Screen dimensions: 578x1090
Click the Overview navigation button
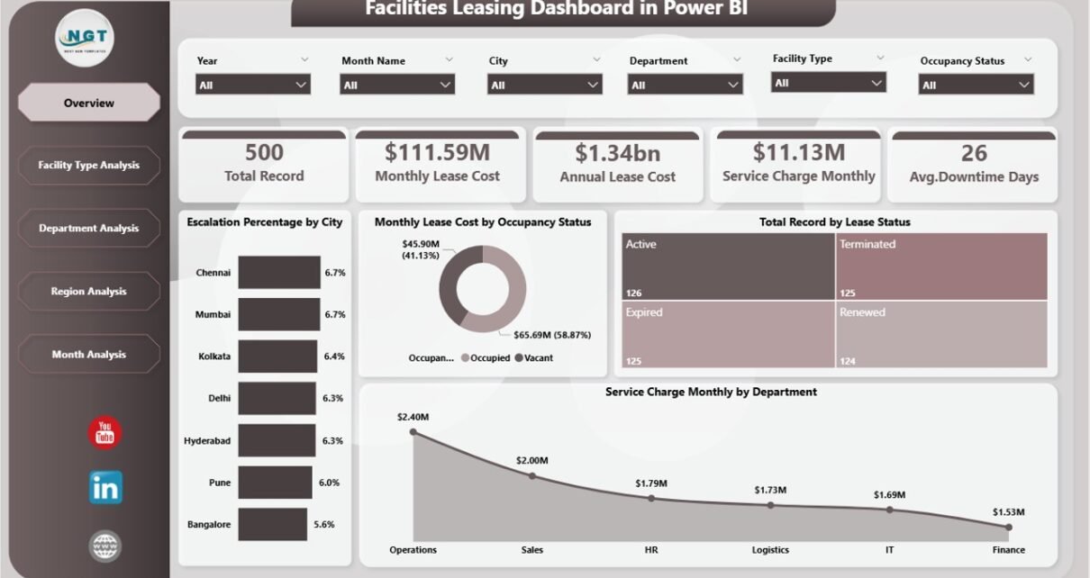[x=88, y=103]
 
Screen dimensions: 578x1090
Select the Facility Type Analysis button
[x=88, y=166]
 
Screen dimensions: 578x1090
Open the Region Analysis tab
[x=88, y=292]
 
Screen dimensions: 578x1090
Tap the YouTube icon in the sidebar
[x=105, y=433]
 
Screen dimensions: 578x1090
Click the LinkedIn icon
[x=105, y=487]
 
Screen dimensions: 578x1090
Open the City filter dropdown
[x=544, y=85]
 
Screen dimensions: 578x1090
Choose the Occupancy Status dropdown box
[x=976, y=85]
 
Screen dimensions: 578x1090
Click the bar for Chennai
[x=278, y=273]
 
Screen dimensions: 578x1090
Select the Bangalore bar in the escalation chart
[x=272, y=524]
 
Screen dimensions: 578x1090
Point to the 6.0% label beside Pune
[x=329, y=483]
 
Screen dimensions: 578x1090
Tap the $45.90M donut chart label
[x=420, y=249]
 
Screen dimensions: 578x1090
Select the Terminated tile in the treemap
[x=940, y=266]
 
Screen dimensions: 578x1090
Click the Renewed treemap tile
[x=940, y=335]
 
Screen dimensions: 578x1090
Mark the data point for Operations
[x=413, y=431]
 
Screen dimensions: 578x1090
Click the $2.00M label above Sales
[x=531, y=460]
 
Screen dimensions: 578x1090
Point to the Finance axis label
[x=1008, y=550]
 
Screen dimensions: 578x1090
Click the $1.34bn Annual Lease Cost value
[x=617, y=153]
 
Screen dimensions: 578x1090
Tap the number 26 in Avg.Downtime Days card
[x=973, y=153]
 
